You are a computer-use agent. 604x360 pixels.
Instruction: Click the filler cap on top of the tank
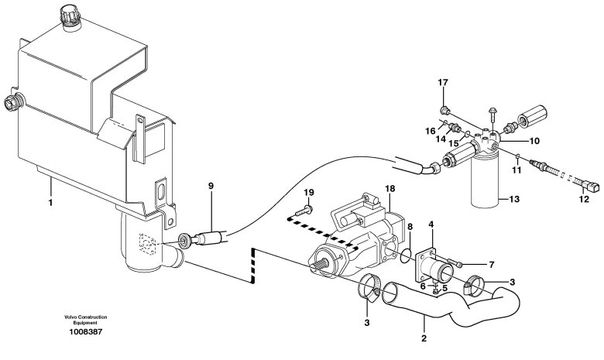[x=70, y=17]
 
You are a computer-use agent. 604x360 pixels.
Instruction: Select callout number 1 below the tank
[x=50, y=202]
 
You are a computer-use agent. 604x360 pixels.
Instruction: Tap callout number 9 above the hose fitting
[x=211, y=186]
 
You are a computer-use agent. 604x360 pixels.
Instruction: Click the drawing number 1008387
[x=86, y=331]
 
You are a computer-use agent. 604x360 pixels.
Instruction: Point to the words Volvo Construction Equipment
[x=85, y=320]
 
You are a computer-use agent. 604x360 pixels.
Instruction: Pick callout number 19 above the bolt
[x=308, y=192]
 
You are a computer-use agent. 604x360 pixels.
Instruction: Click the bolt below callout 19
[x=304, y=211]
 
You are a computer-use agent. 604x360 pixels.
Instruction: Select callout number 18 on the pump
[x=390, y=188]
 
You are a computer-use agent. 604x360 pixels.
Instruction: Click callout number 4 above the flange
[x=431, y=224]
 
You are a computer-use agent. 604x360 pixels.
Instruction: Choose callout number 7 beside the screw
[x=491, y=265]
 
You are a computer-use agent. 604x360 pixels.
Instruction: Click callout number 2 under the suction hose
[x=424, y=339]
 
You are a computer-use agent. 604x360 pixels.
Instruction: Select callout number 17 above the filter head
[x=443, y=82]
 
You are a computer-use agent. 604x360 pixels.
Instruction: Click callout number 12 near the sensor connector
[x=584, y=199]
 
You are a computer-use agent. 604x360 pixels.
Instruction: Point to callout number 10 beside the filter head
[x=534, y=141]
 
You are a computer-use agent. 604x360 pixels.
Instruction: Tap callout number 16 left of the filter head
[x=431, y=132]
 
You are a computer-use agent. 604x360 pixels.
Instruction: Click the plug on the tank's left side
[x=13, y=102]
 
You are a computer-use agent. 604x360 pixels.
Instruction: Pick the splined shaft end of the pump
[x=321, y=265]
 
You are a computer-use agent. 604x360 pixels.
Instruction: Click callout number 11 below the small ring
[x=517, y=170]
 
